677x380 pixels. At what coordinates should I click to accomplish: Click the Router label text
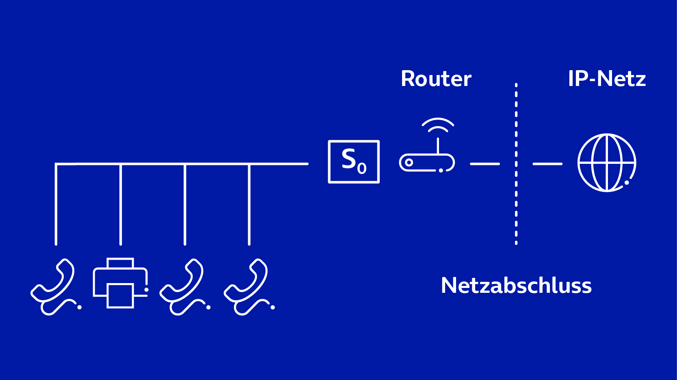click(436, 79)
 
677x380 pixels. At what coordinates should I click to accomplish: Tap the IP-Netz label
click(606, 79)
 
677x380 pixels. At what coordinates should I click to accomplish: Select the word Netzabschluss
click(516, 286)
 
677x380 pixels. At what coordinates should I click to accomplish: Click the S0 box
click(354, 161)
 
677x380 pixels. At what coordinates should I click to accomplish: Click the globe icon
click(607, 163)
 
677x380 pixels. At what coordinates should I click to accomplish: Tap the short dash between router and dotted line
click(484, 164)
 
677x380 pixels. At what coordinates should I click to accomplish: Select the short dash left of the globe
click(547, 164)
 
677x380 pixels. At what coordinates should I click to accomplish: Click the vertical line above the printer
click(121, 204)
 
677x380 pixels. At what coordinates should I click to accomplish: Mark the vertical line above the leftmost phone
click(56, 204)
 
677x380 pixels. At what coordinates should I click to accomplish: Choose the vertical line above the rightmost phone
click(249, 204)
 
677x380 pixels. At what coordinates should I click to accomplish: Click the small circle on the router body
click(409, 163)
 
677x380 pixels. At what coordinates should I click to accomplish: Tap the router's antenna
click(438, 146)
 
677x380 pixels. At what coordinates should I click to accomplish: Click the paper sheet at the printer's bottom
click(120, 296)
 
